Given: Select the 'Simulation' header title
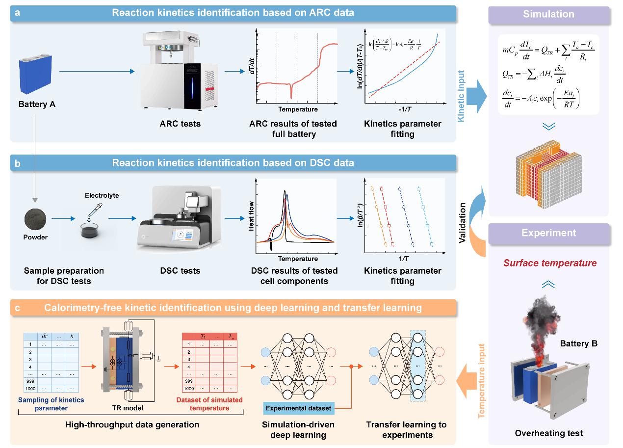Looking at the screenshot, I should [548, 14].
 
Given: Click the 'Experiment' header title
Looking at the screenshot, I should [549, 233].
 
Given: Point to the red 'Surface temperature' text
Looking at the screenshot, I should [549, 263].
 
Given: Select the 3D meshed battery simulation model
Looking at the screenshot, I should [548, 174].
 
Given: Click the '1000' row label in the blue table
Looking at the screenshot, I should [30, 389].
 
